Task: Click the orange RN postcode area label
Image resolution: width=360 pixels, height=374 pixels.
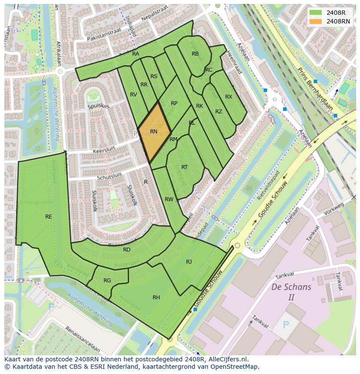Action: pos(153,131)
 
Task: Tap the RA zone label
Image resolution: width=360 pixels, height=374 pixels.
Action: pos(136,54)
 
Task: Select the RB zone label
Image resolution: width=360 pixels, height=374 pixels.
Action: pos(195,54)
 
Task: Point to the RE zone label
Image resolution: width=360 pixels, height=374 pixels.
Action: pos(49,216)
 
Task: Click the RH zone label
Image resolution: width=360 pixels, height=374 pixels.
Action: pos(156,298)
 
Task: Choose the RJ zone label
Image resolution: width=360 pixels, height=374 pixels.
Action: pos(189,261)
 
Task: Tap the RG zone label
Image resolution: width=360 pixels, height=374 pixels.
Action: pos(107,281)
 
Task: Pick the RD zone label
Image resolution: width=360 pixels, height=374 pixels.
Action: pos(127,250)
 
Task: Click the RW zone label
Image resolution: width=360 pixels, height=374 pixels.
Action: pos(169,199)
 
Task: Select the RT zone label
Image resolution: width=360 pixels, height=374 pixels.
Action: pos(184,167)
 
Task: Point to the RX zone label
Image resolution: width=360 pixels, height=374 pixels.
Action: pos(229,97)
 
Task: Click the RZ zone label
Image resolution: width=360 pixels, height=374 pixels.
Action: pos(219,112)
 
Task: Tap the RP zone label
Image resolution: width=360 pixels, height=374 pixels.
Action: pos(174,103)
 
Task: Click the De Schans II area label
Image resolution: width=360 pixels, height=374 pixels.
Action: pos(291,292)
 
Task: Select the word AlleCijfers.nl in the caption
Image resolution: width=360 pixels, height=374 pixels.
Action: pos(227,359)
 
